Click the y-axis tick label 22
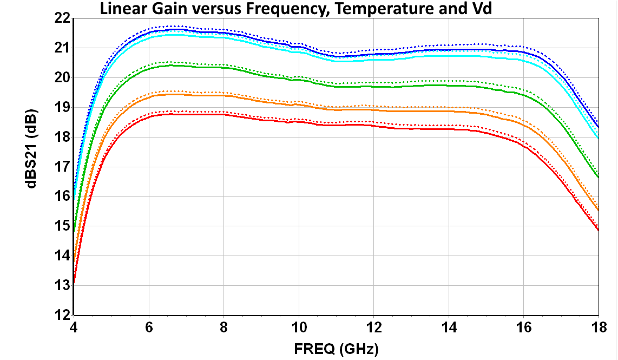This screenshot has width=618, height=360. pyautogui.click(x=62, y=18)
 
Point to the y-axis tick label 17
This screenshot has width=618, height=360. pyautogui.click(x=62, y=167)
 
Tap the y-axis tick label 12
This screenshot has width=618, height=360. pyautogui.click(x=62, y=315)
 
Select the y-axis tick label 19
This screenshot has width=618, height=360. pyautogui.click(x=62, y=107)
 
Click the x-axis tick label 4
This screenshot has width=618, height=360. pyautogui.click(x=74, y=328)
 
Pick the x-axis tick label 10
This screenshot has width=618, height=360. pyautogui.click(x=299, y=328)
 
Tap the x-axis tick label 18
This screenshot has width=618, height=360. pyautogui.click(x=598, y=328)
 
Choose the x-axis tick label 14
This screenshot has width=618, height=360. pyautogui.click(x=449, y=328)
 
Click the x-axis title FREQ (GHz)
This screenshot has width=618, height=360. pyautogui.click(x=336, y=349)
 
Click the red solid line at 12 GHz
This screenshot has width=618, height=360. pyautogui.click(x=374, y=126)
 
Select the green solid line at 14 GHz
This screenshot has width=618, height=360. pyautogui.click(x=449, y=85)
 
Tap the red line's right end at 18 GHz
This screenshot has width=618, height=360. pyautogui.click(x=598, y=231)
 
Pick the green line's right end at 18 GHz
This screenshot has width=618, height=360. pyautogui.click(x=598, y=177)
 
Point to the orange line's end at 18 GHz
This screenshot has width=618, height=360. pyautogui.click(x=598, y=211)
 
